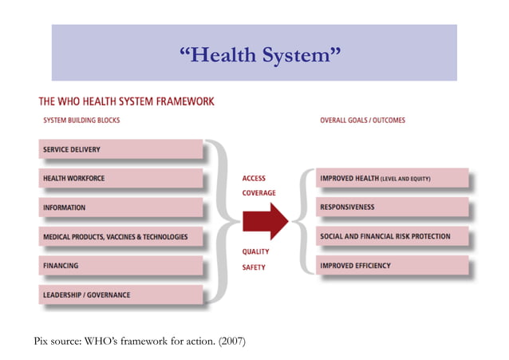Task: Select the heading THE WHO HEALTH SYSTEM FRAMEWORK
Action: pyautogui.click(x=126, y=102)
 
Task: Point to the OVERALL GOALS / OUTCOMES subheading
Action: pyautogui.click(x=362, y=121)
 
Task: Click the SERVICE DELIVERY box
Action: pyautogui.click(x=120, y=149)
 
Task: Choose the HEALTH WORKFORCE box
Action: pyautogui.click(x=120, y=178)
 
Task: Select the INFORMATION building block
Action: pyautogui.click(x=120, y=208)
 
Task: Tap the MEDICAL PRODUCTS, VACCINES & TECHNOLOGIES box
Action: pyautogui.click(x=120, y=236)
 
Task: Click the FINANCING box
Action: pyautogui.click(x=120, y=265)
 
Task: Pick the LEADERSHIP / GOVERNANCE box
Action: pyautogui.click(x=120, y=295)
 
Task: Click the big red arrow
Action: pyautogui.click(x=264, y=221)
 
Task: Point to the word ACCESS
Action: pyautogui.click(x=254, y=179)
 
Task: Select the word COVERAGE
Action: pyautogui.click(x=258, y=193)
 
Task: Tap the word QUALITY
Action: pyautogui.click(x=255, y=251)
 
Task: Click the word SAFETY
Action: pyautogui.click(x=254, y=267)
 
